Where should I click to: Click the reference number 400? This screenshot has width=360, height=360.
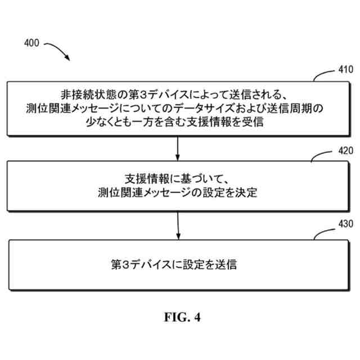click(31, 43)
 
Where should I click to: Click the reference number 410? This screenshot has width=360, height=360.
click(344, 72)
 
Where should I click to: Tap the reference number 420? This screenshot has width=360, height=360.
click(344, 151)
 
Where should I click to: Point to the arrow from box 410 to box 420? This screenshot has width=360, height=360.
click(178, 148)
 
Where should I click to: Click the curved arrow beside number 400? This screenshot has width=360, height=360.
click(57, 49)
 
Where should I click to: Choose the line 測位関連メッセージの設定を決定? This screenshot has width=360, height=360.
click(177, 193)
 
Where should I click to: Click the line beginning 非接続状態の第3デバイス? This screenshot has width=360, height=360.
click(178, 95)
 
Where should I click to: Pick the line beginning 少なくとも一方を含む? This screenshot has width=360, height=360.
click(178, 121)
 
